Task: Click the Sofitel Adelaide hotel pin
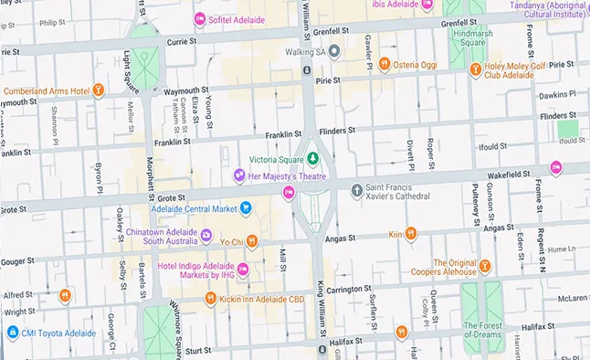coord(200,18)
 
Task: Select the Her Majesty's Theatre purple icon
coord(239,175)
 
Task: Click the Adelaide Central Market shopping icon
coord(246,208)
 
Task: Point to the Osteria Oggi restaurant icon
coord(386,65)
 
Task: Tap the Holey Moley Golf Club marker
coord(474,69)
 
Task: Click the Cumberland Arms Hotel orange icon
coord(98,90)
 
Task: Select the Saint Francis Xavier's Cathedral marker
coord(357,190)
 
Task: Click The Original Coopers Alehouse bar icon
coord(485,267)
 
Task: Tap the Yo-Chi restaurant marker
coord(253,241)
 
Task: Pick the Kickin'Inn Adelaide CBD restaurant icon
coord(210,298)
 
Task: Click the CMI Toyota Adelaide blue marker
coord(12,334)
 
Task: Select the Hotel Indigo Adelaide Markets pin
coord(244,270)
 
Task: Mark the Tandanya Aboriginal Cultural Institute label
coord(549,9)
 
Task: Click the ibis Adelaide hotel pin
coord(427,4)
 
